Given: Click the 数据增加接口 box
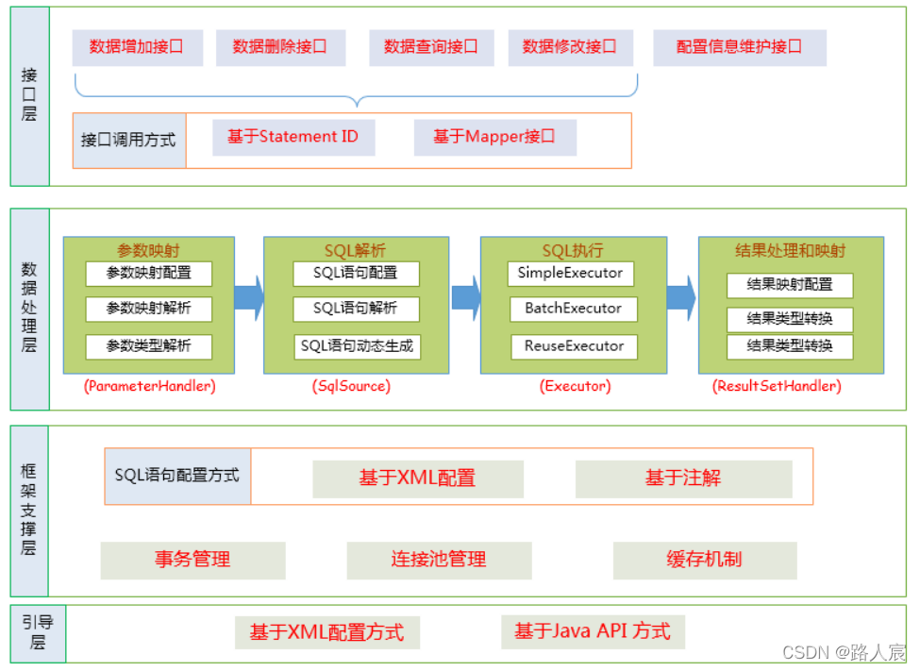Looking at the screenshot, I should tap(137, 47).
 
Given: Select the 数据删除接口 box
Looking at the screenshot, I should tap(280, 47).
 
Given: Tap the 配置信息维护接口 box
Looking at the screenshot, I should tap(740, 47).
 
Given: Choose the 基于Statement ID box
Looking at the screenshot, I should tap(293, 137).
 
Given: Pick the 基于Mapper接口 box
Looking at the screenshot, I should tap(494, 137).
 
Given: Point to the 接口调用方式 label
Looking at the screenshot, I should tap(128, 140).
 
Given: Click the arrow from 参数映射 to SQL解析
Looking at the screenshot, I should tap(248, 297).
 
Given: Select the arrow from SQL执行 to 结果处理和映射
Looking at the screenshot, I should tap(680, 297).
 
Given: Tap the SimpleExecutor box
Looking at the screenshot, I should tap(571, 273).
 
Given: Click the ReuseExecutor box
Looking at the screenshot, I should tap(574, 346).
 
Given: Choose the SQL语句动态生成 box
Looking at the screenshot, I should tap(357, 346).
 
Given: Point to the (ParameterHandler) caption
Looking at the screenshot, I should tap(149, 386).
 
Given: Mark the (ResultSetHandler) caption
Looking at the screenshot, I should tap(778, 386).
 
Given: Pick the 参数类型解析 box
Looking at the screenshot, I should tap(148, 346).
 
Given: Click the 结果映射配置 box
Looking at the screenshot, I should tap(790, 285).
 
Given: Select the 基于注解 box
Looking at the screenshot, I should tap(683, 478).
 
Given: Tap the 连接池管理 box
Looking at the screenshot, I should tap(439, 560).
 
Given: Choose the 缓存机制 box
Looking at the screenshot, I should tap(704, 560).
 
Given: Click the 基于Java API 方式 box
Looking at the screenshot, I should tap(593, 631).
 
